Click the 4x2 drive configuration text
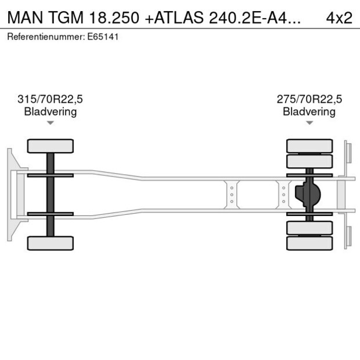339,17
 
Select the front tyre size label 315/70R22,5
51,99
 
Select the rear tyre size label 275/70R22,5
309,99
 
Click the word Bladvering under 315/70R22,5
51,111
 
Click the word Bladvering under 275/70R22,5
309,111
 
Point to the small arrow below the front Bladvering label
51,123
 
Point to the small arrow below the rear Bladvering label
309,123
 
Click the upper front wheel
51,146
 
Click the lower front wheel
51,243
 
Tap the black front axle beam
51,194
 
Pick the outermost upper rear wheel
309,145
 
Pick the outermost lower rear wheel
309,243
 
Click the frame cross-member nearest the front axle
232,194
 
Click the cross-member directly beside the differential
284,194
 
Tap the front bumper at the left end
11,194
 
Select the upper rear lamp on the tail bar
348,152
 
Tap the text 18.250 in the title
115,17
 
